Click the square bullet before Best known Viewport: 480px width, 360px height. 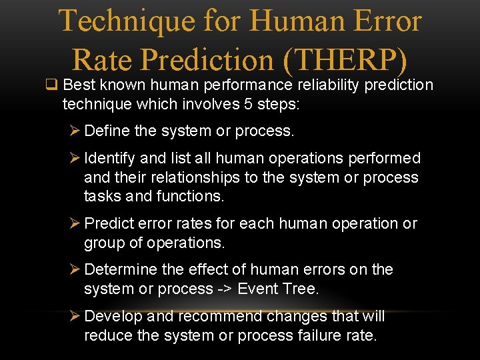(x=50, y=85)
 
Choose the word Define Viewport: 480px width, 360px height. (x=107, y=131)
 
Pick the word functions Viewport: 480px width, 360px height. (x=191, y=196)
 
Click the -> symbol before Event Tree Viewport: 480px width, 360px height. (x=223, y=289)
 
